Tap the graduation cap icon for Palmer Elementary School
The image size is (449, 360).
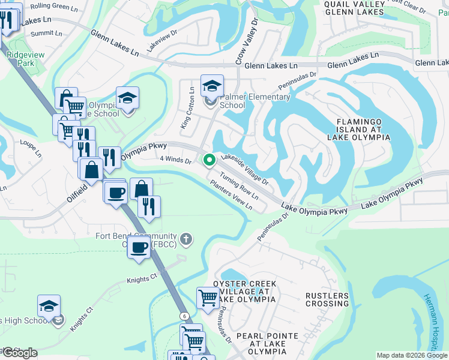(x=212, y=86)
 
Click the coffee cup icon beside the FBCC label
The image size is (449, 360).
(x=139, y=247)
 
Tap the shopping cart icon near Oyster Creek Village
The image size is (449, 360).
(x=208, y=297)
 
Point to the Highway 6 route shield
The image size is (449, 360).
(x=184, y=316)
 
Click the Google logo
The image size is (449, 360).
(x=19, y=353)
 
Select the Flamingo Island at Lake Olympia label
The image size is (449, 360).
(x=358, y=129)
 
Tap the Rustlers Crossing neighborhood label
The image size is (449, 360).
(x=327, y=299)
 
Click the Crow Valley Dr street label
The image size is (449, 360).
(x=247, y=41)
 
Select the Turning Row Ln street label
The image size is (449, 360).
(x=239, y=187)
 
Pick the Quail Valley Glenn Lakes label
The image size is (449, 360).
(x=353, y=8)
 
